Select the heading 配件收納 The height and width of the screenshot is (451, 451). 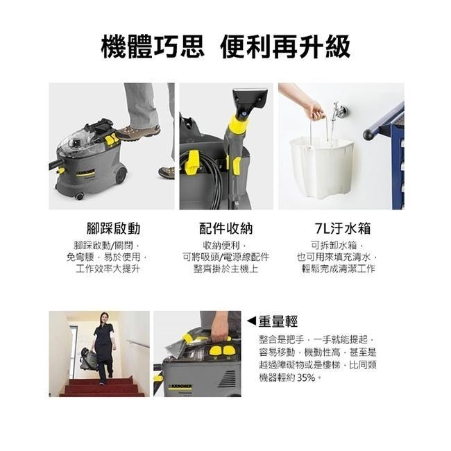pos(226,228)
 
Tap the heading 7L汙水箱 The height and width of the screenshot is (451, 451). pos(336,228)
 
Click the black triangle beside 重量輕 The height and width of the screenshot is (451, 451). pos(251,321)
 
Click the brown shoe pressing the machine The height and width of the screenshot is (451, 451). pos(137,132)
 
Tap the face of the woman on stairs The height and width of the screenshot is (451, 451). pos(103,321)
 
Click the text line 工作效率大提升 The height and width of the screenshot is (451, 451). pos(108,269)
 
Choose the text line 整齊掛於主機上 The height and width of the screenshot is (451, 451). pos(226,269)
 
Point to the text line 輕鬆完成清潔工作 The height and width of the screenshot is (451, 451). pos(336,269)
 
